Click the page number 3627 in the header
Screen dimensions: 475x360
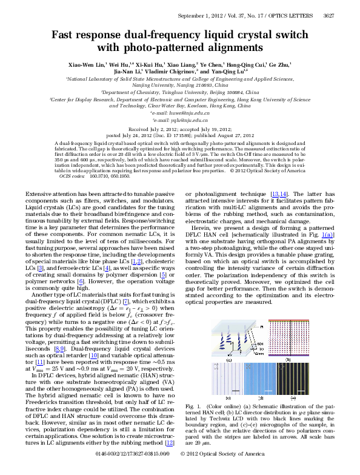343,7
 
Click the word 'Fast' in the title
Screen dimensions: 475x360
62,35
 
